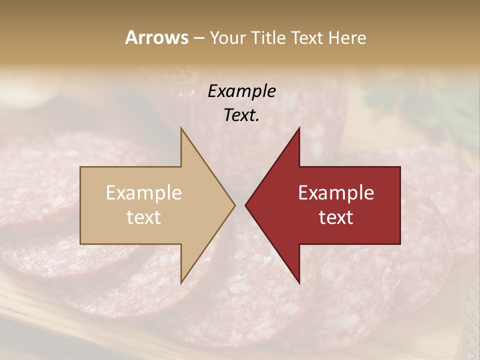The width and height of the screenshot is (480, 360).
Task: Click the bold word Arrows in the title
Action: coord(157,37)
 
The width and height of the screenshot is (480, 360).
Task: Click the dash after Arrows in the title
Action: coord(199,38)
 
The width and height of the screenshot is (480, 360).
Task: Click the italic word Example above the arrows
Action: coord(241,91)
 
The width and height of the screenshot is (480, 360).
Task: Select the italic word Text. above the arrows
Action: coord(241,115)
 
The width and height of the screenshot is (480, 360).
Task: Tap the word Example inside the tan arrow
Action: coord(144,193)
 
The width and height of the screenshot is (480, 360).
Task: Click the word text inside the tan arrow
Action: coord(144,217)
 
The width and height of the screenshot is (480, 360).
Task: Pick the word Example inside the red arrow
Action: coord(336,193)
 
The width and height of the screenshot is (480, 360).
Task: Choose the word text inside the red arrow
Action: coord(336,217)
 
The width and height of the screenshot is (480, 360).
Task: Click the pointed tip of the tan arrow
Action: coord(234,205)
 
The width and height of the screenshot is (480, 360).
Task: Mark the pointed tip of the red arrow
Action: coord(245,205)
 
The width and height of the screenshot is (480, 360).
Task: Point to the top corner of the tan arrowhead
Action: coord(181,128)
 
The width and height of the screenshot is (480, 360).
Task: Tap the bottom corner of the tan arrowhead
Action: coord(181,282)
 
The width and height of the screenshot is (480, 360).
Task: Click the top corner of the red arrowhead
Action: coord(299,128)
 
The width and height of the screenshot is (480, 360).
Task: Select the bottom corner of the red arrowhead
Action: coord(299,282)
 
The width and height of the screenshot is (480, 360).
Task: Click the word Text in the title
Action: coord(306,37)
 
